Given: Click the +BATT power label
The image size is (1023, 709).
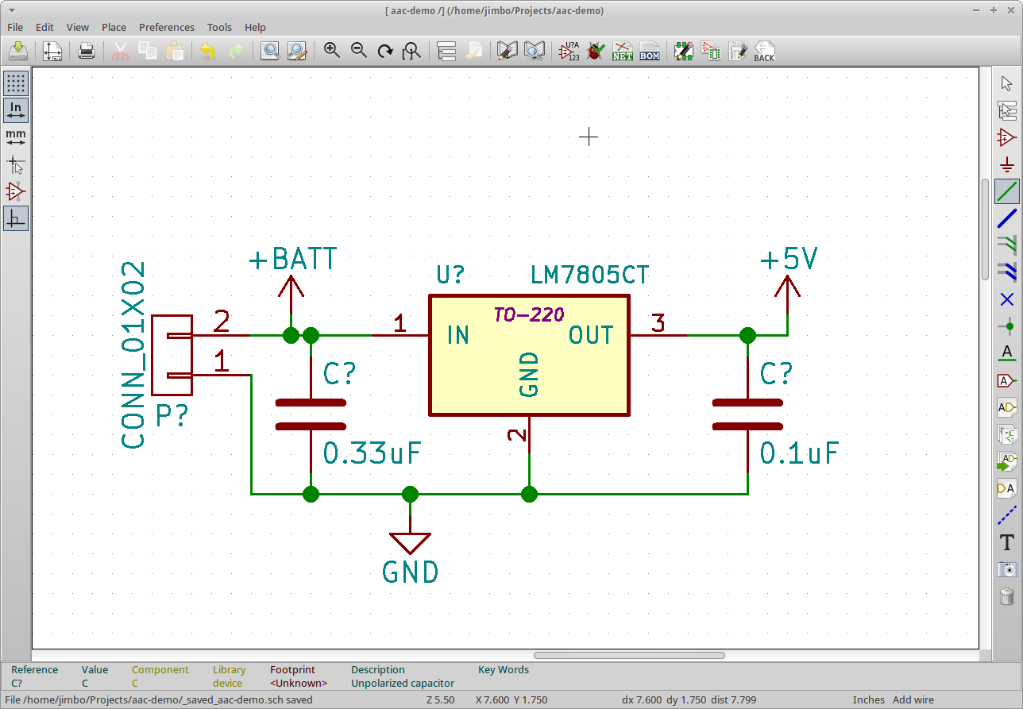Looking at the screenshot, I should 293,260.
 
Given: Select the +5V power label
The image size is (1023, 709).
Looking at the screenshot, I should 789,260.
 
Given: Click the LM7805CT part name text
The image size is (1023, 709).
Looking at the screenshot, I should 589,276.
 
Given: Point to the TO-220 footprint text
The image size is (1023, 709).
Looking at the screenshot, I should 528,315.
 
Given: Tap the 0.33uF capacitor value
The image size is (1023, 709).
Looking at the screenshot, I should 372,453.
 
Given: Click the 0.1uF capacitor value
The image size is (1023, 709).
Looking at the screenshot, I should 799,453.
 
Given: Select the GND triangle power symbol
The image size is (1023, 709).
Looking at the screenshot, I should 410,543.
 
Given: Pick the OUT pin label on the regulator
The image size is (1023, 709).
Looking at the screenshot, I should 591,336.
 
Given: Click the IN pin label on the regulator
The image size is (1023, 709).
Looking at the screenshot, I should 458,336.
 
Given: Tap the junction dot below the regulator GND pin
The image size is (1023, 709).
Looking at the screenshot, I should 529,495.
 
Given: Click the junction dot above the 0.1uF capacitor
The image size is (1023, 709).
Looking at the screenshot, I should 747,336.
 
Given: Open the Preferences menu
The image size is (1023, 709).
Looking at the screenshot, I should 167,27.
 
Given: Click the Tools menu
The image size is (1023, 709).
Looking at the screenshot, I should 219,27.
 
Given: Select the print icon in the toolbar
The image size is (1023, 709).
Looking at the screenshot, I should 87,52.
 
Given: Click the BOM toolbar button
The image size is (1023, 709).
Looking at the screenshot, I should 650,52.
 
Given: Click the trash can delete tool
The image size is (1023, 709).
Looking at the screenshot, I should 1007,595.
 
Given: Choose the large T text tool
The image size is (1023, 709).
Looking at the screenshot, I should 1007,543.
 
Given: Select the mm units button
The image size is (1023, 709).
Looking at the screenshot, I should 16,137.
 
